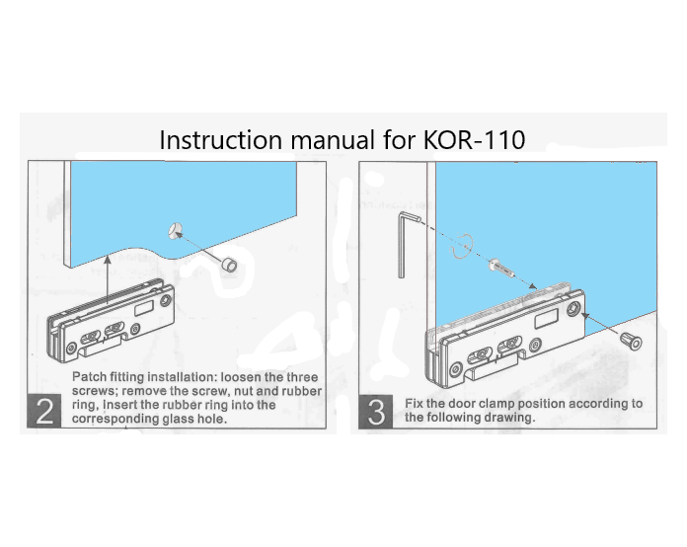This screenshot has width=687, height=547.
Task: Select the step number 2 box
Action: pos(43,409)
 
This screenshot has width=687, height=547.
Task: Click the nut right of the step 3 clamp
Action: pos(630,342)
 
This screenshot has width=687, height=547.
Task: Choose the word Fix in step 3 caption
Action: pos(418,403)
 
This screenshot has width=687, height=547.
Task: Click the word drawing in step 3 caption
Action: pos(512,418)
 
